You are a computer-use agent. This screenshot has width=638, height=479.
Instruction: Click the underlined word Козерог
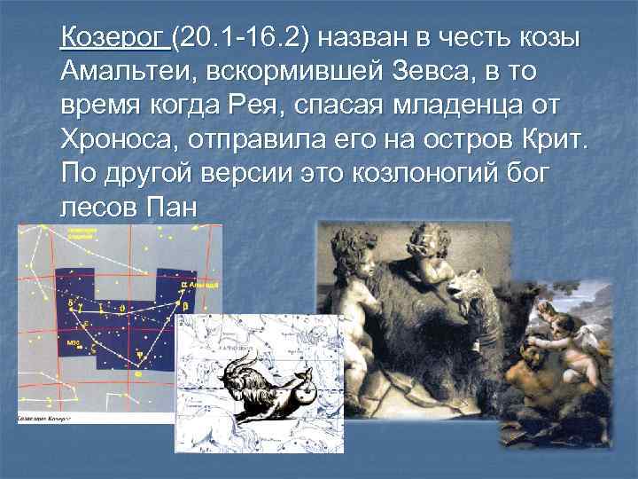point(113,40)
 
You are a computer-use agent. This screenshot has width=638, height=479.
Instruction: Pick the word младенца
point(474,105)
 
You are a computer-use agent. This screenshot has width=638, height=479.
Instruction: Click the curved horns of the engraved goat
point(244,371)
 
